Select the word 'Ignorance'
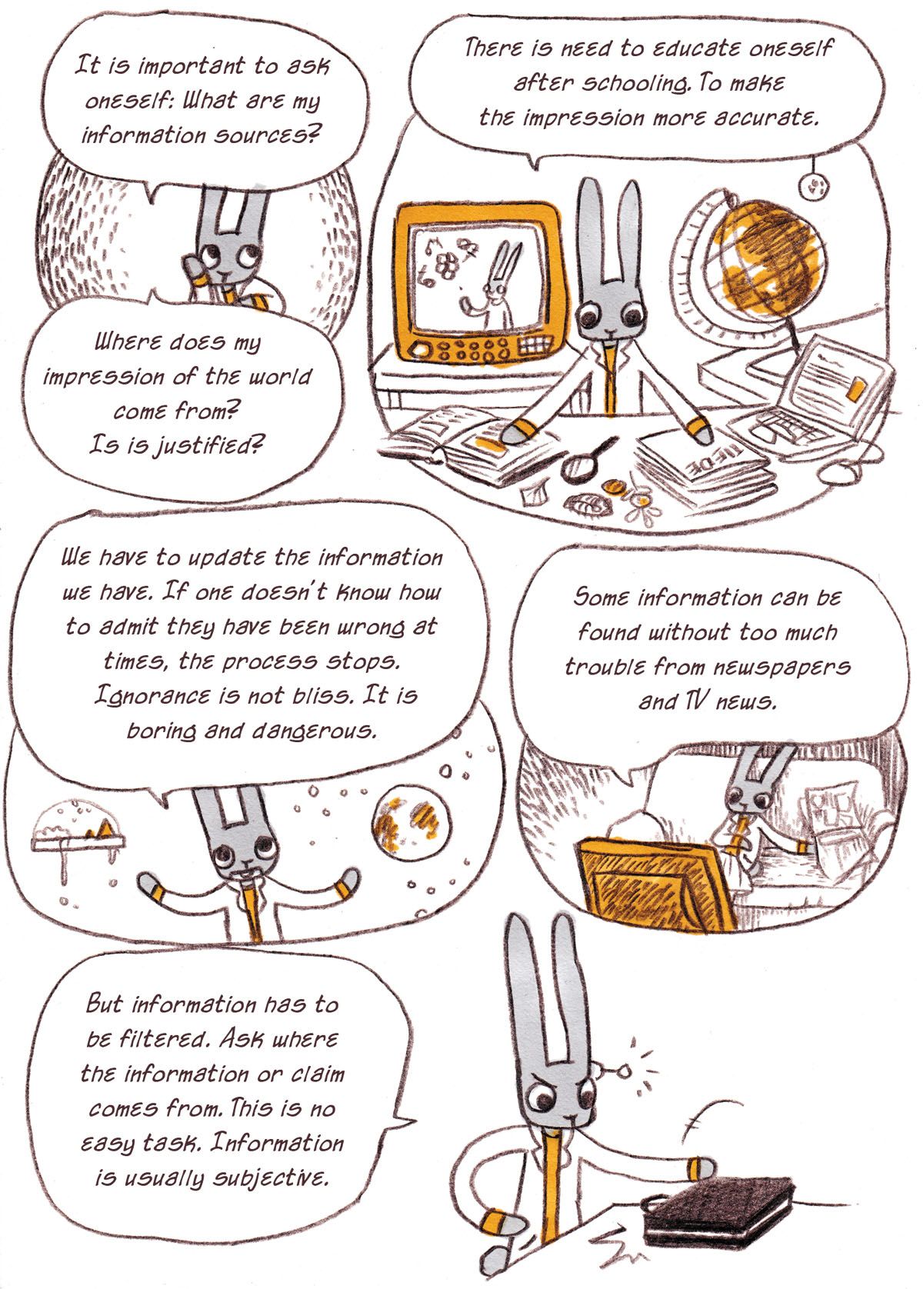point(152,697)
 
